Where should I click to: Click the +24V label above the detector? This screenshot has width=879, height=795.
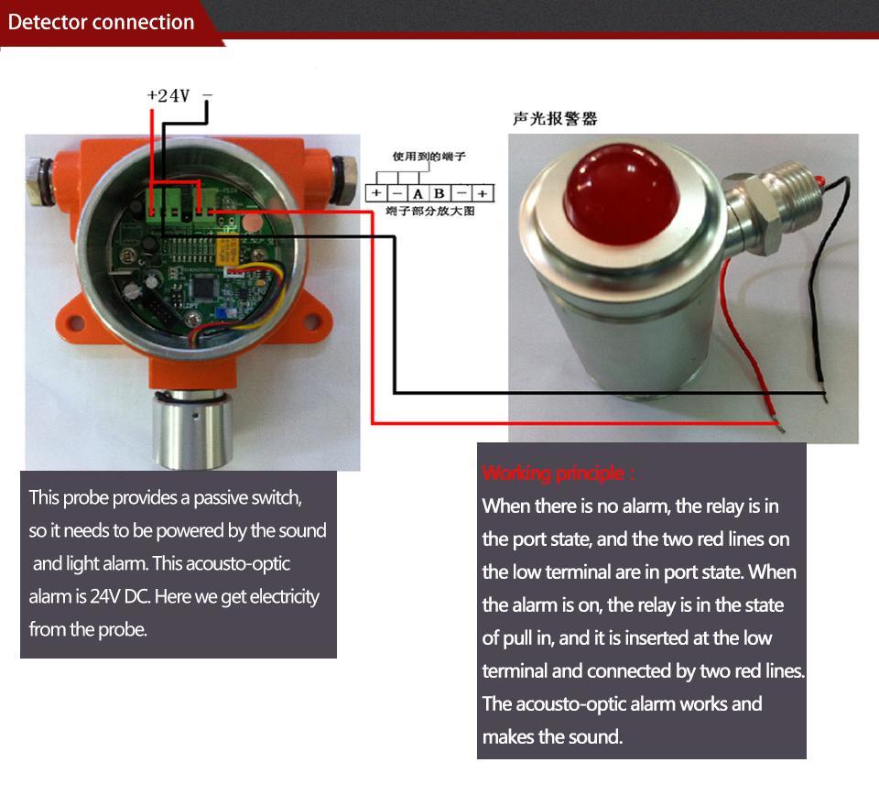point(168,95)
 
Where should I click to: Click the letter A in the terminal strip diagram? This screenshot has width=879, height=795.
point(418,194)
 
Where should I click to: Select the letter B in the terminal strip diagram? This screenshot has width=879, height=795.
point(439,194)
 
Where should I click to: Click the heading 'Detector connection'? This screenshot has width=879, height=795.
point(102,23)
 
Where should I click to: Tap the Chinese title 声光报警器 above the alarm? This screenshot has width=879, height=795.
point(555,119)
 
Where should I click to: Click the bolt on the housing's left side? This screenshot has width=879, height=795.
point(38,169)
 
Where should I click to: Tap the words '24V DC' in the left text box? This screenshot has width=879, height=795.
point(119,597)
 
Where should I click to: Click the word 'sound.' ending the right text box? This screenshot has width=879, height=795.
point(594,736)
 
